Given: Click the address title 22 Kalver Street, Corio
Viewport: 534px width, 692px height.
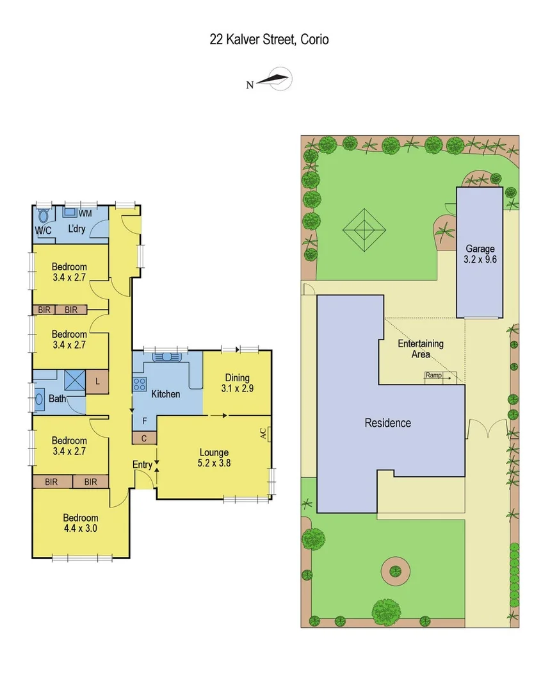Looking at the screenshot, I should [269, 40].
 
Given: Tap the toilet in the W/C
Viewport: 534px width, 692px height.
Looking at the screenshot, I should [44, 215].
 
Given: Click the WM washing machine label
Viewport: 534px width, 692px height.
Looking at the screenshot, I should [85, 213].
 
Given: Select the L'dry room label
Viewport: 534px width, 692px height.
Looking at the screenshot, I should [77, 229].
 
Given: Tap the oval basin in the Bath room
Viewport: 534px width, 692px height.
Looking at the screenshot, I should [38, 399].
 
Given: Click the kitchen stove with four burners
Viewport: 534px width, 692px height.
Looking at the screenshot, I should [140, 384].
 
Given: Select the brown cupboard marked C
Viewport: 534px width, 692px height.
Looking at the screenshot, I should [144, 438].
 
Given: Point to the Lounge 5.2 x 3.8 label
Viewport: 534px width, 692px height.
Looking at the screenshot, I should [213, 458].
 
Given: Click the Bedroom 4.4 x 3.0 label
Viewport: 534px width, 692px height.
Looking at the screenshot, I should [80, 523].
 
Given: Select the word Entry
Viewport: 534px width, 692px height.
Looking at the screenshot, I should [142, 465].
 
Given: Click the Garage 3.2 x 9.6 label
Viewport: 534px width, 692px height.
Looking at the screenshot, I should [480, 254].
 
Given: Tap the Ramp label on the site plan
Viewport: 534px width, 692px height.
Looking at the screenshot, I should [433, 375].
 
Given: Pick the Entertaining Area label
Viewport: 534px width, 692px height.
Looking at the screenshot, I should [421, 349].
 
